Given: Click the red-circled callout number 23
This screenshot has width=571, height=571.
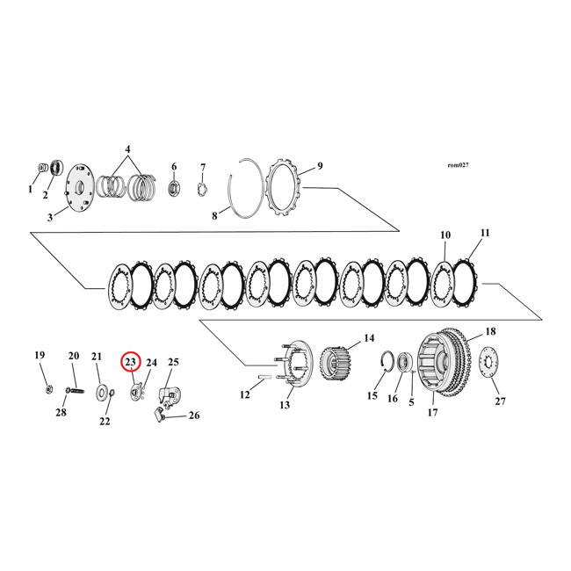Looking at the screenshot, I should pyautogui.click(x=131, y=361).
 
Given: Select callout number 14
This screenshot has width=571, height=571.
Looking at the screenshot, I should pyautogui.click(x=368, y=337).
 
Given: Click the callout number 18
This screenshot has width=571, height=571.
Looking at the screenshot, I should pyautogui.click(x=489, y=332).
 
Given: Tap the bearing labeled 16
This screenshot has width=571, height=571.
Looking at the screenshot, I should pyautogui.click(x=407, y=361).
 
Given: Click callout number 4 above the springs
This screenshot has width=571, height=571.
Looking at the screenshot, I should pyautogui.click(x=127, y=149).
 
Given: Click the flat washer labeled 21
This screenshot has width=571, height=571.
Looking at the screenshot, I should pyautogui.click(x=103, y=389).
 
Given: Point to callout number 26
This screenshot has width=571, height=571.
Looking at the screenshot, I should pyautogui.click(x=194, y=416).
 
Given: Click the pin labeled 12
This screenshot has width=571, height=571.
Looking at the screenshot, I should pyautogui.click(x=264, y=380).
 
